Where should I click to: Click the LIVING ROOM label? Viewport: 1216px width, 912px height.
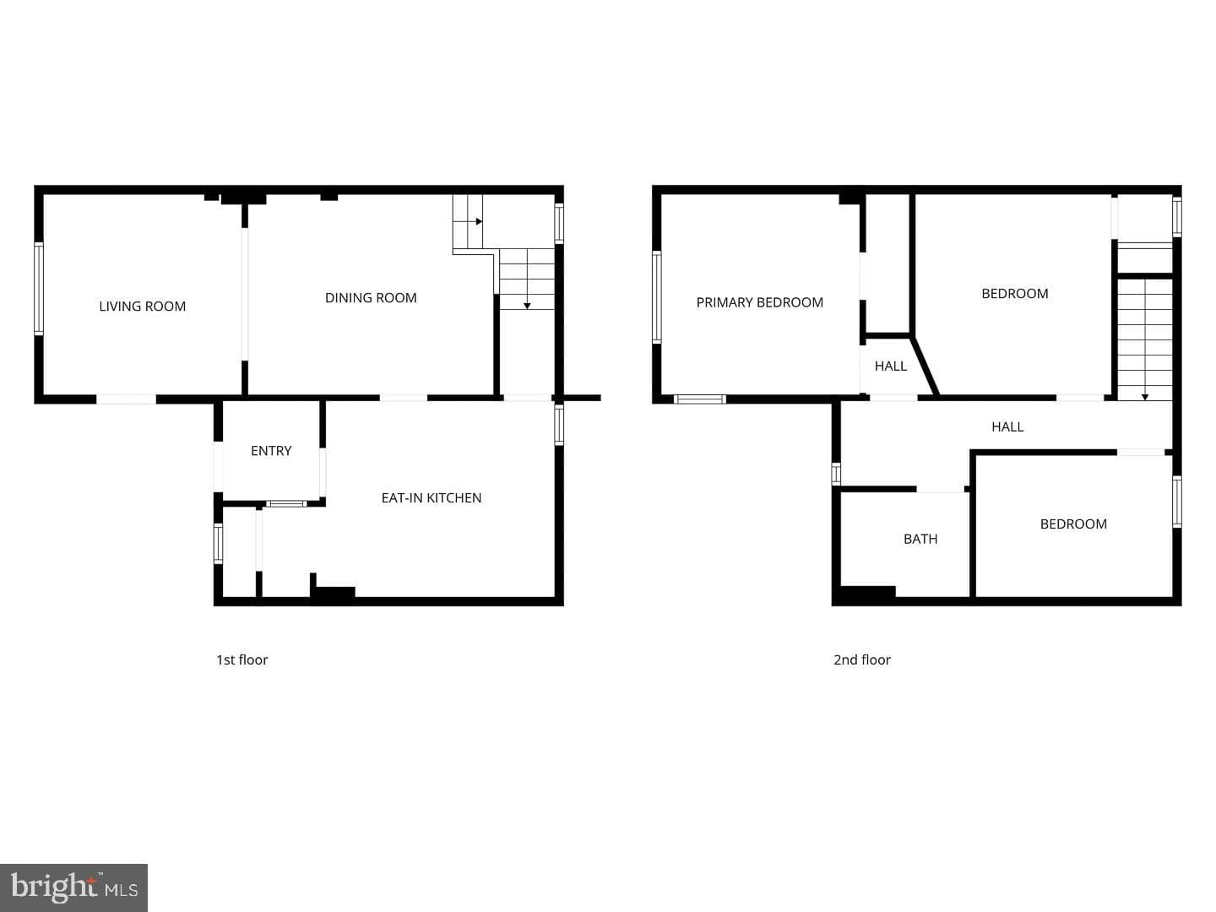coord(143,307)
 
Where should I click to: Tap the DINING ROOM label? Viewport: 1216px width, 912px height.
coord(371,298)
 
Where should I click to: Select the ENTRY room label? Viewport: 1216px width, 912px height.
coord(271,451)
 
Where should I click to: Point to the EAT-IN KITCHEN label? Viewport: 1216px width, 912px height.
coord(431,498)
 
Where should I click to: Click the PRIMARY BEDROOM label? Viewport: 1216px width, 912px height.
coord(759,302)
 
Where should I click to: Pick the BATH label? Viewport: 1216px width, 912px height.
coord(920,539)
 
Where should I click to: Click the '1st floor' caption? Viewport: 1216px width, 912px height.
coord(242,660)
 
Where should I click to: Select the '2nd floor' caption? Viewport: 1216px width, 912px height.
coord(862,660)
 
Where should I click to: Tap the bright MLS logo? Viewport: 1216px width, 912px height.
coord(73,888)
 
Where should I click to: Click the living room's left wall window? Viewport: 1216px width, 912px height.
coord(39,289)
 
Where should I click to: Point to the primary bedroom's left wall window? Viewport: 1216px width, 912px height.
coord(656,296)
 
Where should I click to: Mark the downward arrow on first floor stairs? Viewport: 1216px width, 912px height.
coord(527,305)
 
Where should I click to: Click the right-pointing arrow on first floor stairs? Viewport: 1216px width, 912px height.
coord(478,221)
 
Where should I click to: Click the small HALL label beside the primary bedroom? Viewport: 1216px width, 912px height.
coord(890,366)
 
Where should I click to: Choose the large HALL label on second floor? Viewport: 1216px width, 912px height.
coord(1007,426)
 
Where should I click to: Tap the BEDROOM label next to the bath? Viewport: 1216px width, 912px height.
coord(1073,524)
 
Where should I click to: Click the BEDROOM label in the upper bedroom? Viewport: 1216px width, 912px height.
coord(1014,294)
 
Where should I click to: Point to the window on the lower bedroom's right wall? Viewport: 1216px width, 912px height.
coord(1176,501)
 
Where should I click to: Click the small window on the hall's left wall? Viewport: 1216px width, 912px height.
coord(836,474)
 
